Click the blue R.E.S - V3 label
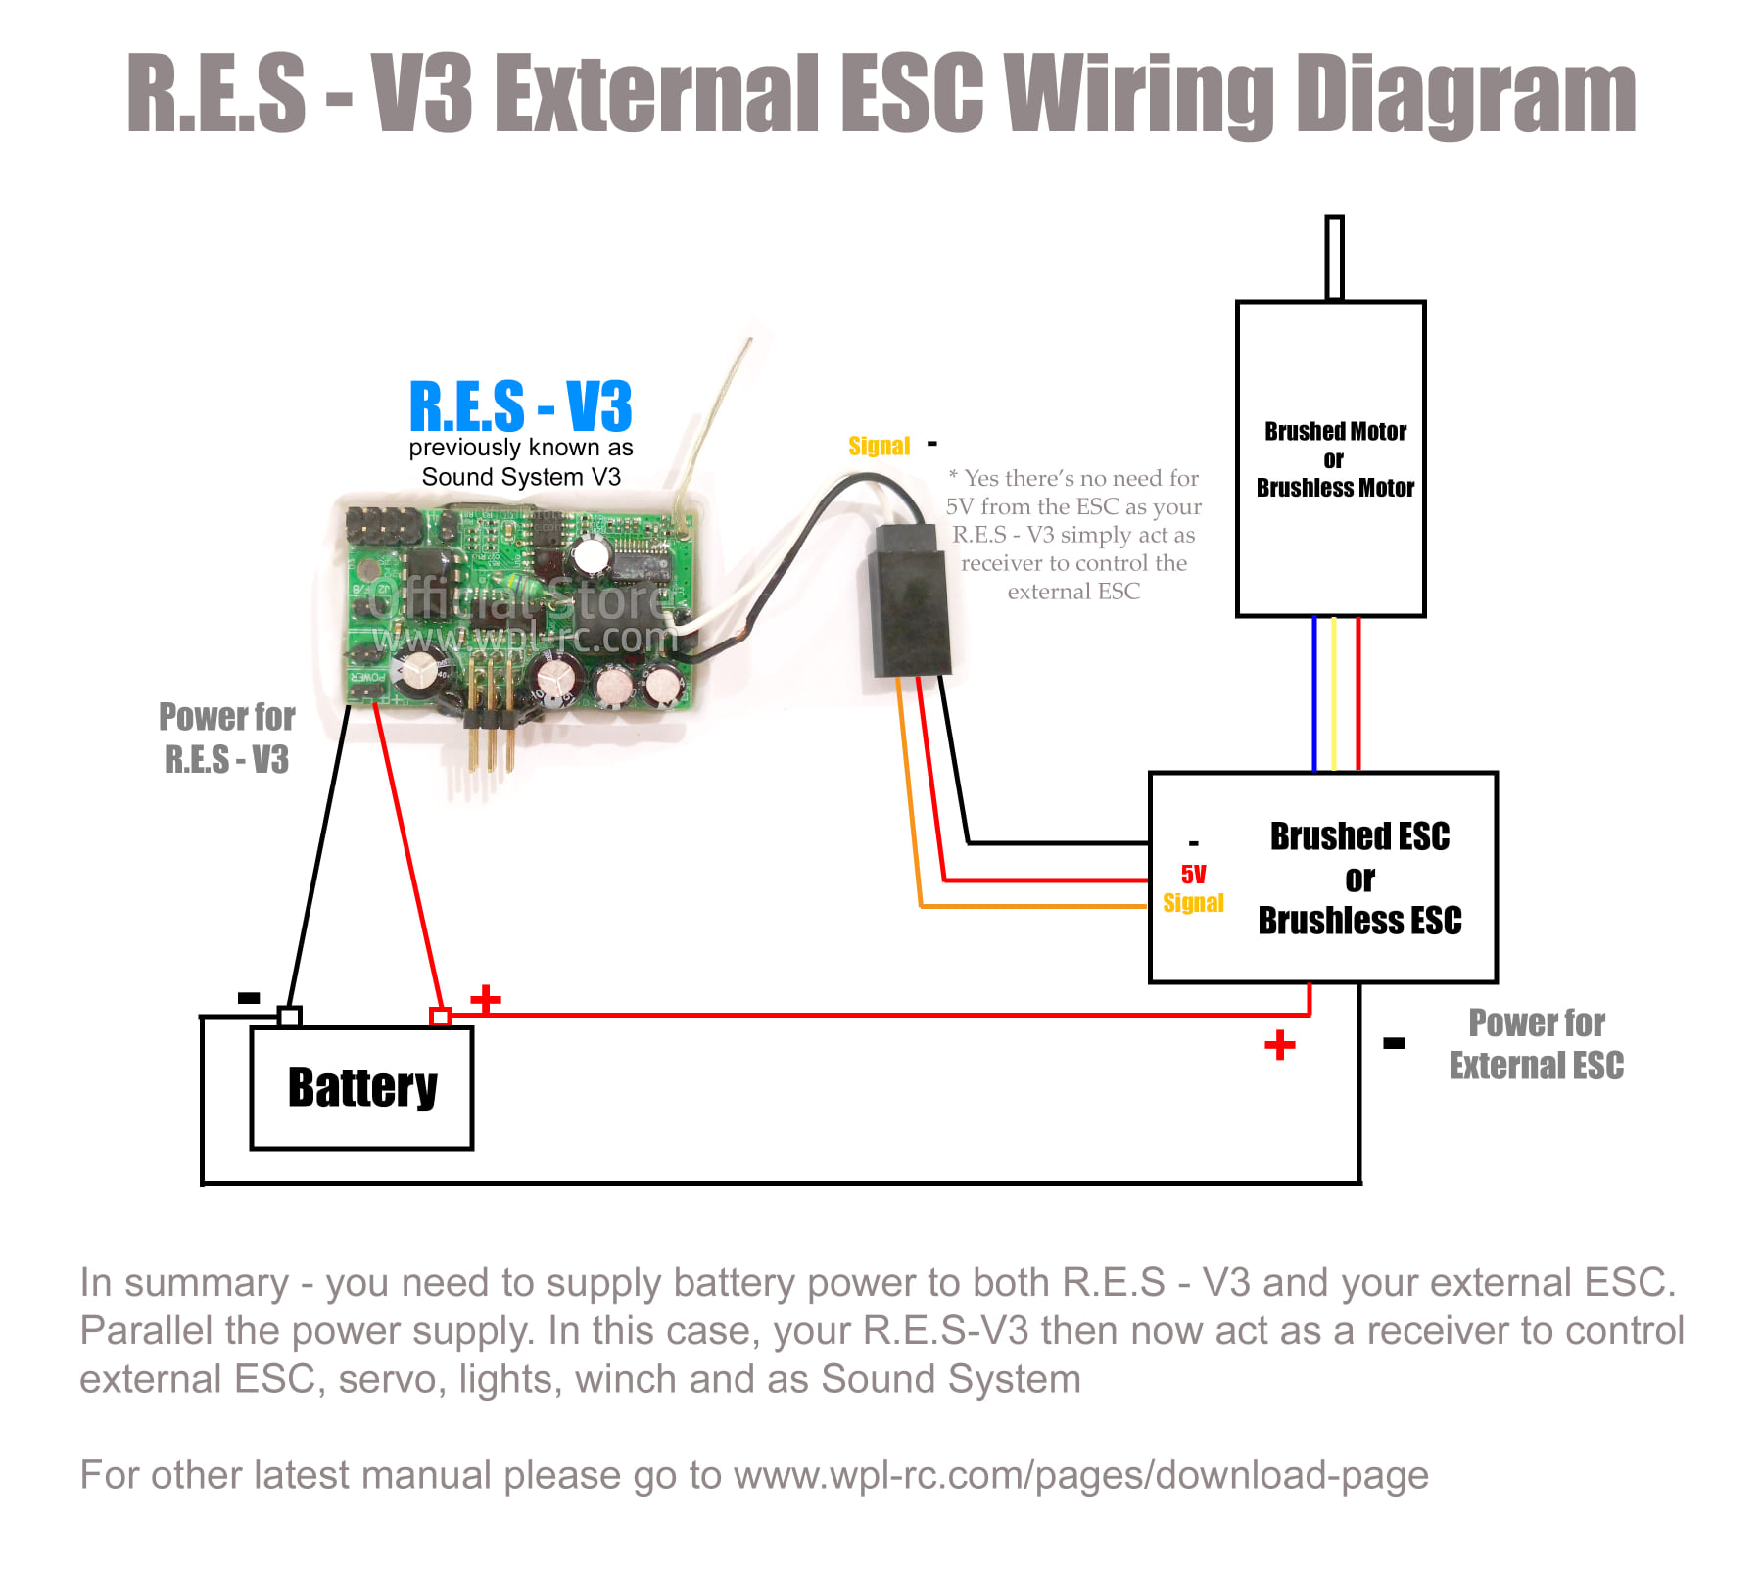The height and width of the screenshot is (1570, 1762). [x=520, y=406]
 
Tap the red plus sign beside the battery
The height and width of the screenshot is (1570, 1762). [x=486, y=999]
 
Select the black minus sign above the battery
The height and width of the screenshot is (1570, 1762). [x=249, y=998]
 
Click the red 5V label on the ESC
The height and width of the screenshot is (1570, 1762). [x=1193, y=874]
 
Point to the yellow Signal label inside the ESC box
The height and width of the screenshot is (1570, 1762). [x=1193, y=902]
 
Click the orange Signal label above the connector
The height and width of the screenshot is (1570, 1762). [x=879, y=446]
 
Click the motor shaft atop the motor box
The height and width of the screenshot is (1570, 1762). [x=1333, y=258]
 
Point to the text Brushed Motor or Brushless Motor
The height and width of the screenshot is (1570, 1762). [x=1335, y=459]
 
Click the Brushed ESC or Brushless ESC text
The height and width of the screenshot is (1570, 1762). [x=1359, y=879]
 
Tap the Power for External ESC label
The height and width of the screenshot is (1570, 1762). [x=1536, y=1044]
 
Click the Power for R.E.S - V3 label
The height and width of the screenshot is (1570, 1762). [x=226, y=738]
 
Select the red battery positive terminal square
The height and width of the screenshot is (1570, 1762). [x=441, y=1017]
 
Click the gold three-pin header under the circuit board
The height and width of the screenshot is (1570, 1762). [x=489, y=714]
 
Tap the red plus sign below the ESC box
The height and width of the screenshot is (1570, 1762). [x=1279, y=1045]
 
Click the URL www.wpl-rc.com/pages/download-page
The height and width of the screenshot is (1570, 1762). [x=1081, y=1475]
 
